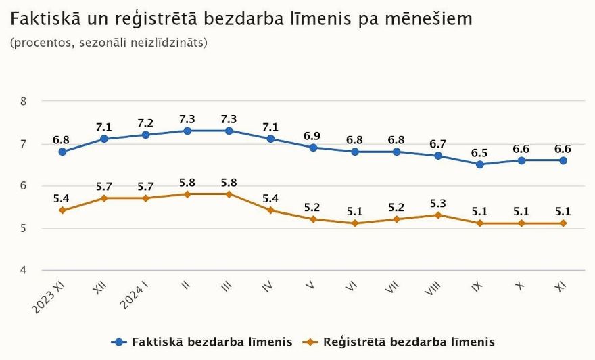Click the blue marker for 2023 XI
point(62,152)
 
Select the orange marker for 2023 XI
point(62,210)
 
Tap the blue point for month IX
point(479,164)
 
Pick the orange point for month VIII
point(437,215)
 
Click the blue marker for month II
point(187,131)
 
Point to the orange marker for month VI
point(354,223)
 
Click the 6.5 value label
point(479,153)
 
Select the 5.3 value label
point(437,203)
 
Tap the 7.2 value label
point(145,123)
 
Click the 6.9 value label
point(312,136)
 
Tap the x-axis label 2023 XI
point(51,298)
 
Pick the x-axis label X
point(519,286)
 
